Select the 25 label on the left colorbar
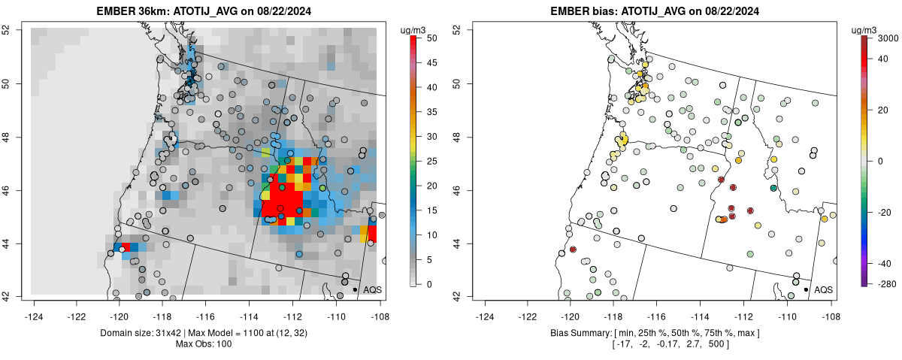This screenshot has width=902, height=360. pos(431,161)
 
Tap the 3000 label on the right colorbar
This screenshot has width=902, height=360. pos(888,38)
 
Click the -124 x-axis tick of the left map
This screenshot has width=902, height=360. pos(34,307)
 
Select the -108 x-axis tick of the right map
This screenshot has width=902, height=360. pos(831,307)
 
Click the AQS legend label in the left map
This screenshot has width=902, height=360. pos(372,289)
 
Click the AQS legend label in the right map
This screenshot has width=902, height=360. pos(823,289)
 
